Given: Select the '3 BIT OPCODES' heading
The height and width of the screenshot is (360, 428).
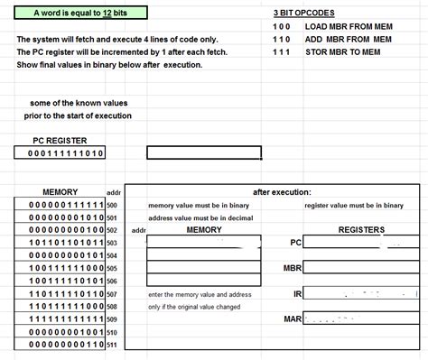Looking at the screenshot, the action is point(303,14).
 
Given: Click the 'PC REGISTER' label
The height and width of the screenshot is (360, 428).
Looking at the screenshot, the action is point(60,140).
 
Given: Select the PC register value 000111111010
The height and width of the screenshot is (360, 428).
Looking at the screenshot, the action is point(60,153).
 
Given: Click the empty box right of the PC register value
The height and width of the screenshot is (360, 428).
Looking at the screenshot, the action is point(203,153).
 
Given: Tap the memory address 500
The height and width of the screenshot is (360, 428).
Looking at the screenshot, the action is point(112,205).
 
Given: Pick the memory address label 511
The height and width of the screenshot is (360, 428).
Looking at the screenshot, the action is point(112,346).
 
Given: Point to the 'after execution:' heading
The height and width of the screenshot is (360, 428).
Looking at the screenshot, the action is point(282,192).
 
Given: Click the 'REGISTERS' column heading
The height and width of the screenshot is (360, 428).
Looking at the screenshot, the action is point(361,230).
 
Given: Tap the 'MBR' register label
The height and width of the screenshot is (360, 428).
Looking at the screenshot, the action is point(292,269).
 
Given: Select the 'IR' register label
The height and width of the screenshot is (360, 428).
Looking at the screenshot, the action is point(296,294).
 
